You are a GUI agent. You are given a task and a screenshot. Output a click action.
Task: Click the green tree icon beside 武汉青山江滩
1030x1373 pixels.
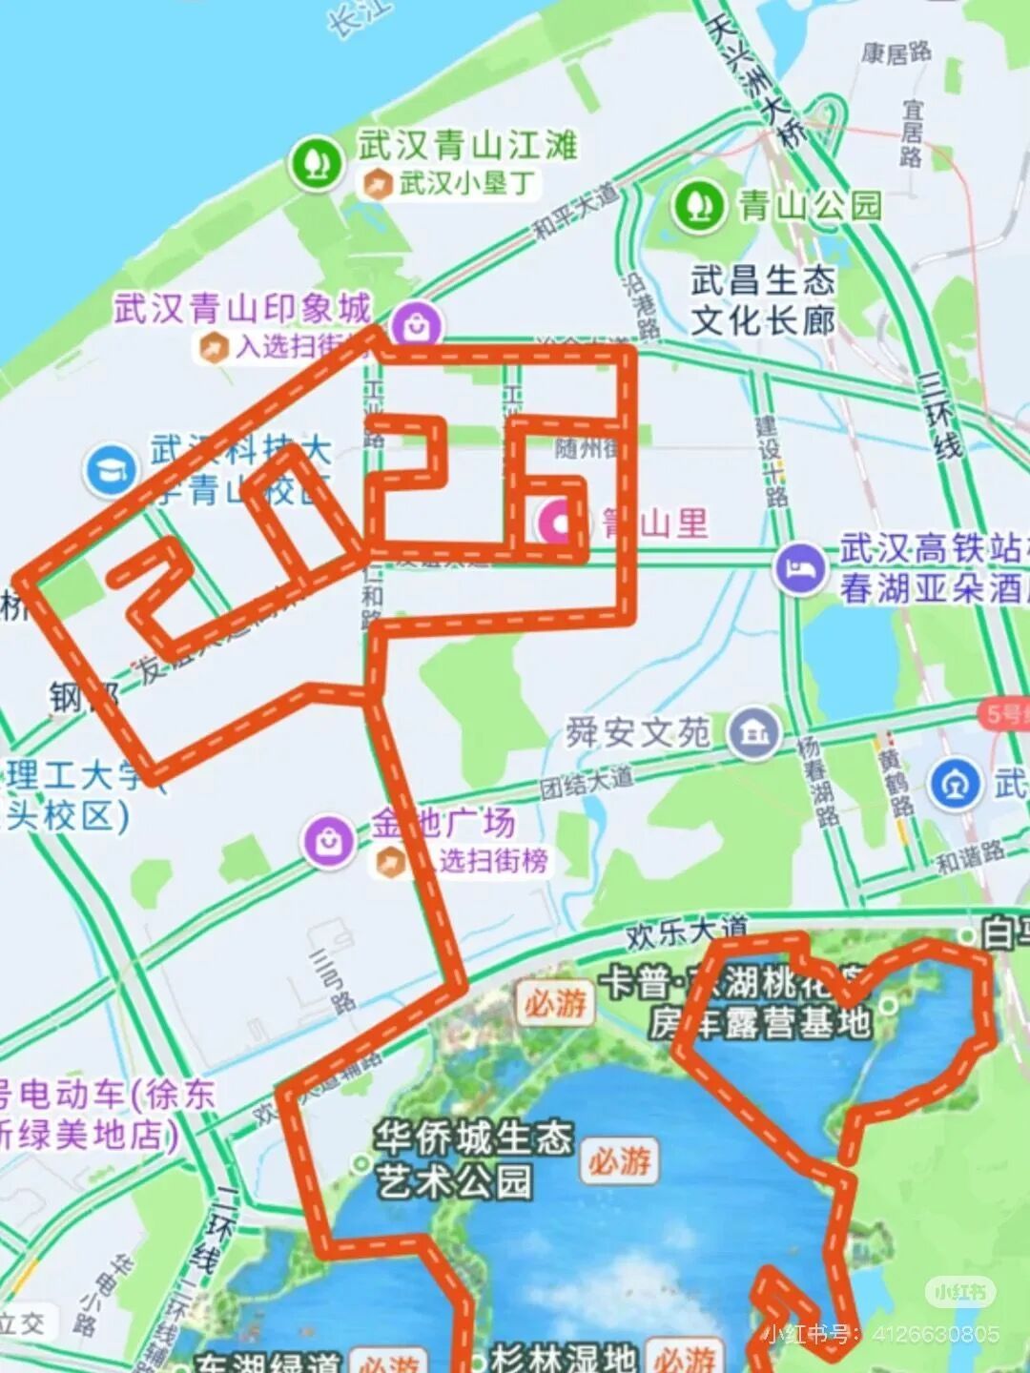pos(316,163)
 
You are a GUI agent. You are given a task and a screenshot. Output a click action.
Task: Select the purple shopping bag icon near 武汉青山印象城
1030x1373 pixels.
pos(416,326)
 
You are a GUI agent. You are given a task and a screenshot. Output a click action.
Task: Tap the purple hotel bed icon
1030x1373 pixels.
pos(799,569)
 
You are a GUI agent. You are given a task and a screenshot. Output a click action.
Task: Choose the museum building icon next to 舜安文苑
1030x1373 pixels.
pos(753,733)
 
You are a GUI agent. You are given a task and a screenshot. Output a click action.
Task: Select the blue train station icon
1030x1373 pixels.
pos(956,783)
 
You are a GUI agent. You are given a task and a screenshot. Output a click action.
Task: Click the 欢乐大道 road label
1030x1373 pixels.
pos(687,931)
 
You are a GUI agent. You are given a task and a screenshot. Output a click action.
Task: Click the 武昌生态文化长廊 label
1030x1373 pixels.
pos(762,300)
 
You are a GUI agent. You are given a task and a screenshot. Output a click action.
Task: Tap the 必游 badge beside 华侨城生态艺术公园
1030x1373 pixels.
pos(620,1160)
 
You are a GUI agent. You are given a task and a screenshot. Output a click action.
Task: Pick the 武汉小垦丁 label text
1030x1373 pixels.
pos(465,183)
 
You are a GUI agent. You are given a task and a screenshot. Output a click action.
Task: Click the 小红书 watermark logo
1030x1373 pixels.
pos(959,1292)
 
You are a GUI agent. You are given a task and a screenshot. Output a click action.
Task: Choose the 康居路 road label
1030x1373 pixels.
pos(896,52)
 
